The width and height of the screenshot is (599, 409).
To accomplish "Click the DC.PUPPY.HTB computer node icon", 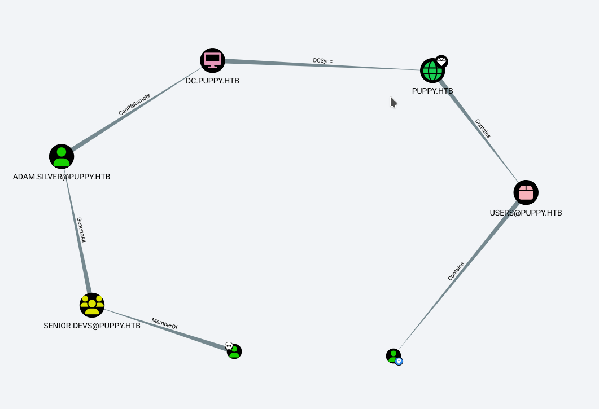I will (212, 60).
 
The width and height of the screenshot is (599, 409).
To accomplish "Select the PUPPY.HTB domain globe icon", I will (432, 71).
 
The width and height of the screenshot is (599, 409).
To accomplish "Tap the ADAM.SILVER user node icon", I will (62, 156).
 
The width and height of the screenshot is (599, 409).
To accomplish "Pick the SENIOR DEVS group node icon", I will (92, 305).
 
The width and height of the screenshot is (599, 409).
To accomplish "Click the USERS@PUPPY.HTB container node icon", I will (526, 192).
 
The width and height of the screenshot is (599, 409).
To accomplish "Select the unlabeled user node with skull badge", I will (234, 351).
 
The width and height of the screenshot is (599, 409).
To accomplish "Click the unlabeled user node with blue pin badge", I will (393, 356).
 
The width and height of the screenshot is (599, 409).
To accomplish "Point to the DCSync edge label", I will (323, 60).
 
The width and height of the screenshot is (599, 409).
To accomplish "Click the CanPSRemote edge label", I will (134, 105).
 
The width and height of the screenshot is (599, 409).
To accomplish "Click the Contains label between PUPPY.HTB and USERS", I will (483, 128).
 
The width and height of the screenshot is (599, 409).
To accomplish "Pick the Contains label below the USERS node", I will (456, 271).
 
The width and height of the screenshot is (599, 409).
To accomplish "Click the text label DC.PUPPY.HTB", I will (212, 81).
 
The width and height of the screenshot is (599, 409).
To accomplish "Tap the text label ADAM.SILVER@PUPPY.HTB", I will (62, 177).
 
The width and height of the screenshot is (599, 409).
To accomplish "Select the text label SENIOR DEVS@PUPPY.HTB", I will (92, 326).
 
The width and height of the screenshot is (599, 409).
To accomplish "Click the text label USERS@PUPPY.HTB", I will (526, 213).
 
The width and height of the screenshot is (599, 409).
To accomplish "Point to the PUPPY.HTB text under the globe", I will (432, 91).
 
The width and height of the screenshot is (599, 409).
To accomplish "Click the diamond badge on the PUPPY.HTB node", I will (441, 61).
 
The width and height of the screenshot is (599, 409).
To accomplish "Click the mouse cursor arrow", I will (393, 102).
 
